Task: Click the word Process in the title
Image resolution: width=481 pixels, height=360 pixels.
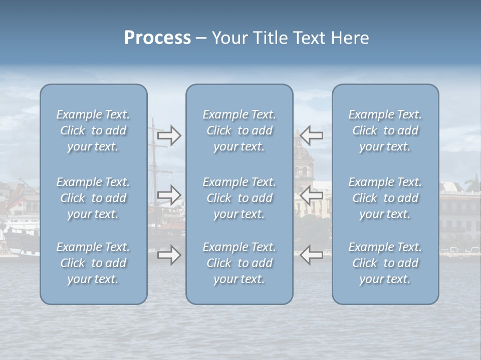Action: (157, 38)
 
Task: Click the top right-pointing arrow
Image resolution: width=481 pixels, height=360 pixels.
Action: (169, 135)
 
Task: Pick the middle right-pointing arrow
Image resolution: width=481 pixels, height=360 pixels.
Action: (169, 195)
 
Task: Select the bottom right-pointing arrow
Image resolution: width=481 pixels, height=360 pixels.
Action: (169, 255)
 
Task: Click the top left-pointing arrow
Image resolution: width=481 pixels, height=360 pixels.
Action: (311, 135)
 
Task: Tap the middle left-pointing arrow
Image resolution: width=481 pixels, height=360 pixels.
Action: (311, 195)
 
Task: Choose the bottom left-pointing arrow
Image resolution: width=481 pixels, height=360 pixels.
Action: (311, 255)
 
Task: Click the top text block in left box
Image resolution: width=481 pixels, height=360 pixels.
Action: (93, 130)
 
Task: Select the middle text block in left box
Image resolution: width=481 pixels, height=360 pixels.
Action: (93, 198)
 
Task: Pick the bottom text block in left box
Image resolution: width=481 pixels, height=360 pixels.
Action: (93, 263)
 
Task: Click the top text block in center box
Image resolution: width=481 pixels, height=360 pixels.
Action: (239, 130)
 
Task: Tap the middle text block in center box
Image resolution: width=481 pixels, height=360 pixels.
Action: (239, 198)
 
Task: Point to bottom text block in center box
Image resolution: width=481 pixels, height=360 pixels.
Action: (239, 263)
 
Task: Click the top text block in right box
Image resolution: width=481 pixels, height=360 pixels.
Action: (385, 130)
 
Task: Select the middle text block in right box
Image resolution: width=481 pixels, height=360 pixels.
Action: (385, 198)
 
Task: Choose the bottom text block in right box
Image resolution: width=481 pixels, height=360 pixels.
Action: (385, 263)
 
